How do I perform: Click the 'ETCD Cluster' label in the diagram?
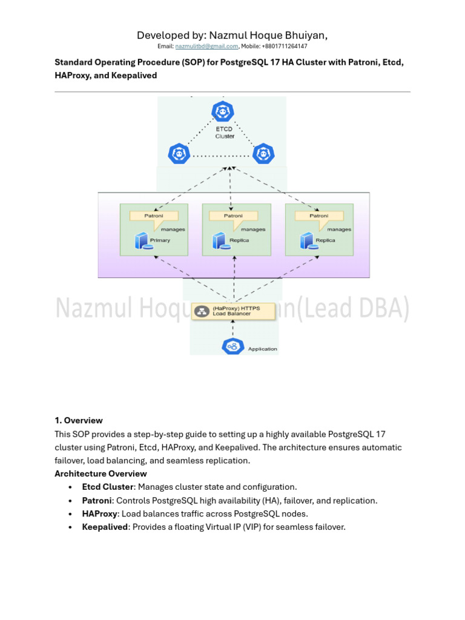point(225,132)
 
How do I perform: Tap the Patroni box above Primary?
point(154,216)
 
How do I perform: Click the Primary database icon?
point(141,241)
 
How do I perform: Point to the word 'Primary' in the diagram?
point(160,240)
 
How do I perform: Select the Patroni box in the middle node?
point(233,216)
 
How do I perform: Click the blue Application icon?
point(232,346)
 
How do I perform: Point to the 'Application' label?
point(263,349)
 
